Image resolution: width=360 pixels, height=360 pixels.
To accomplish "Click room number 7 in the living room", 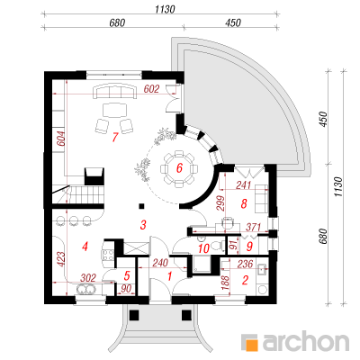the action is click(x=114, y=137).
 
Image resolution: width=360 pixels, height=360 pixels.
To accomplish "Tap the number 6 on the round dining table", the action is click(x=179, y=168).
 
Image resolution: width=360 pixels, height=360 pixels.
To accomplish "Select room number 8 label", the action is click(x=244, y=204).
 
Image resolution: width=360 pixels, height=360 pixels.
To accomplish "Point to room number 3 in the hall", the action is click(x=143, y=225).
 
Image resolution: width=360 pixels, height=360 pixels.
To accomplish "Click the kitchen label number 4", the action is click(x=85, y=247).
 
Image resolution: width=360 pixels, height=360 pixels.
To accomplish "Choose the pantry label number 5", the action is click(x=127, y=275).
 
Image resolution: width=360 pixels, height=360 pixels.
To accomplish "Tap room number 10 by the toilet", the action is click(x=203, y=248).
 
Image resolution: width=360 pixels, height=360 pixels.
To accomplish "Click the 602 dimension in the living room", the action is click(x=151, y=89).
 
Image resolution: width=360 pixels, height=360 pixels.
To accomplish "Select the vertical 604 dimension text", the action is click(x=60, y=139).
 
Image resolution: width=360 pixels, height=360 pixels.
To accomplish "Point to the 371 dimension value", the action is click(x=253, y=227).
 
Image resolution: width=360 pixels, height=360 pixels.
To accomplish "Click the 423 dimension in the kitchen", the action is click(x=60, y=259).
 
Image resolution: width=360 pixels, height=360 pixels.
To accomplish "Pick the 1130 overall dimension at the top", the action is click(x=165, y=9).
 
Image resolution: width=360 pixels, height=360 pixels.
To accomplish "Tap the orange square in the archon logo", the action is click(x=251, y=344).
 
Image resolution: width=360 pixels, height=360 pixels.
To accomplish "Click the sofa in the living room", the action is click(x=115, y=92).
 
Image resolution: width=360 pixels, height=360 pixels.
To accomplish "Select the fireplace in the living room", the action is click(x=94, y=176).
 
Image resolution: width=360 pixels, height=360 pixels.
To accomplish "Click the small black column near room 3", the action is click(x=141, y=206).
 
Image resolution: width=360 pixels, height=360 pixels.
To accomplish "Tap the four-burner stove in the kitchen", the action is click(x=108, y=254).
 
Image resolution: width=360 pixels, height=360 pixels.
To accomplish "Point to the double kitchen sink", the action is click(x=86, y=289).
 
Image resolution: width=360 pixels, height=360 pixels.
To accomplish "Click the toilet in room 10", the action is click(x=217, y=246).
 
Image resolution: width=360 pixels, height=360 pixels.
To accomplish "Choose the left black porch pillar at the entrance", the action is click(x=134, y=315).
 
